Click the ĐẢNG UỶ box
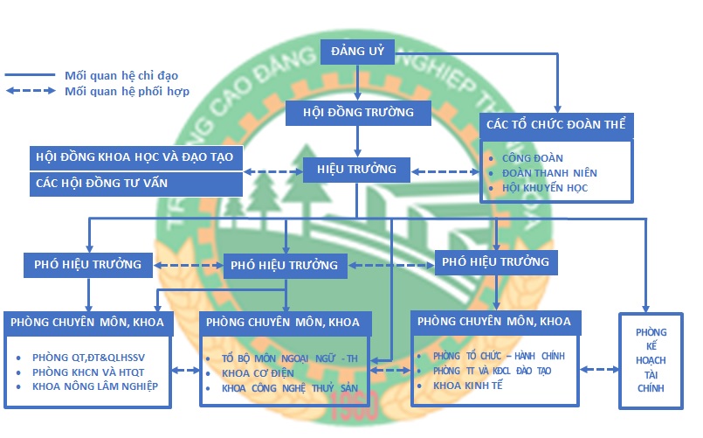click(x=358, y=51)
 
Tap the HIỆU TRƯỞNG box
click(x=356, y=170)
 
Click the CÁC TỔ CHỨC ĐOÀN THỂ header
click(x=556, y=125)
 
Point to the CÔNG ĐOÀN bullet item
click(x=532, y=158)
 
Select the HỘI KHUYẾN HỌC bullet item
click(x=546, y=188)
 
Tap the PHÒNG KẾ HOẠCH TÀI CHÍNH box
click(x=651, y=359)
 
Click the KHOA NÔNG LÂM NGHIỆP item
click(x=95, y=386)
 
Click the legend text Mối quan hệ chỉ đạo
click(x=127, y=76)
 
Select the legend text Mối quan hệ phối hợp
click(x=127, y=91)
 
